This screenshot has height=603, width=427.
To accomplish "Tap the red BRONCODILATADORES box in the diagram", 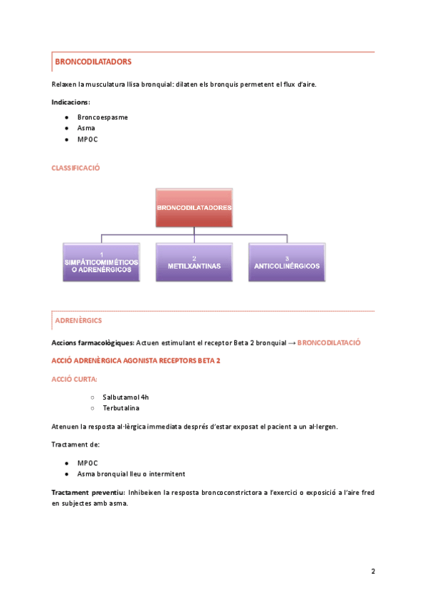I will tap(194, 208).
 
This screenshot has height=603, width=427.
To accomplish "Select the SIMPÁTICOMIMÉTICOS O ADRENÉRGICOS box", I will tap(102, 262).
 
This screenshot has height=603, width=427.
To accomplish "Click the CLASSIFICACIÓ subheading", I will tap(75, 168).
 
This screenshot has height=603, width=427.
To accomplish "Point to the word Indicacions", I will tap(70, 102).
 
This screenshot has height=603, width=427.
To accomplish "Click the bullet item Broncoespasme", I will tap(102, 117).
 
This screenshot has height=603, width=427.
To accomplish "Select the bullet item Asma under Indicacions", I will tap(86, 128).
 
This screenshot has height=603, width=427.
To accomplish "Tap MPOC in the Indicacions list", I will tap(88, 139).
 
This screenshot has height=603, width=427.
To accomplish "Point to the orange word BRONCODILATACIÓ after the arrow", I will tap(329, 343).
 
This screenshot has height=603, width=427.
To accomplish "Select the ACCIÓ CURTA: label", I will tap(75, 379).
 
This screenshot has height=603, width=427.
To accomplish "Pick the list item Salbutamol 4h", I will tap(125, 397).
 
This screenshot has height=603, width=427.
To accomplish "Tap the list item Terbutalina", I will tap(121, 408).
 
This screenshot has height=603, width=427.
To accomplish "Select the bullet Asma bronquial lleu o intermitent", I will tap(132, 474).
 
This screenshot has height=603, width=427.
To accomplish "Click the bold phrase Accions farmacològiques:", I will tap(91, 343).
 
